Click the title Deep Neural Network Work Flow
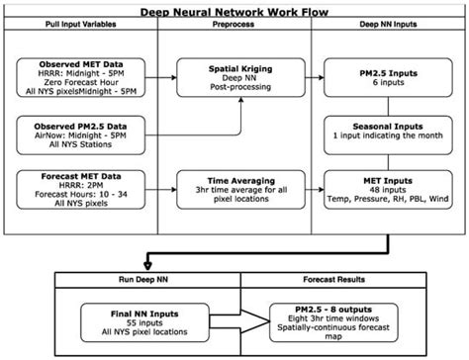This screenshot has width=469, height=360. [234, 9]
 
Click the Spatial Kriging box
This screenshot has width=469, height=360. [234, 77]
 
